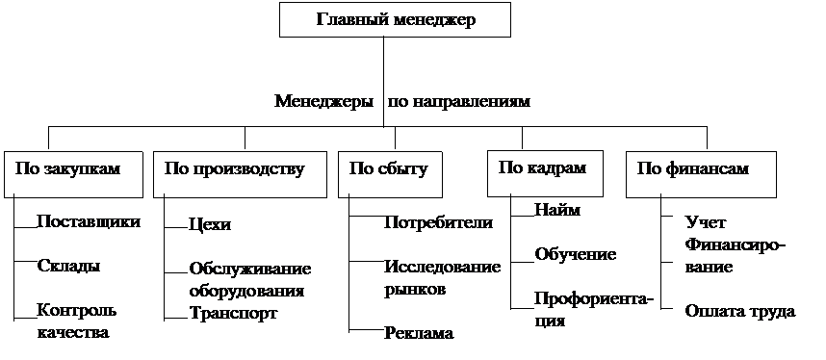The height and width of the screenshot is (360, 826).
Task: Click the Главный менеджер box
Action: [x=395, y=20]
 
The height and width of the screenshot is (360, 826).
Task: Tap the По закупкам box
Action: [x=73, y=174]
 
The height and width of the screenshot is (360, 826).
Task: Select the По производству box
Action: [x=241, y=174]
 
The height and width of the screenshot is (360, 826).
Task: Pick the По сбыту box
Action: [x=390, y=174]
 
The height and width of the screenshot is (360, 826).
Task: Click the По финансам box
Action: [x=701, y=174]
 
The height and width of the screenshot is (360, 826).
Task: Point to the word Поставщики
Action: [x=89, y=222]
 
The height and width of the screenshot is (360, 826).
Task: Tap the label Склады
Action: [x=69, y=266]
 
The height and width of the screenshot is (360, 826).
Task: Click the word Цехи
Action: [x=210, y=225]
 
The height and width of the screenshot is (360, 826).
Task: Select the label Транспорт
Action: [x=233, y=313]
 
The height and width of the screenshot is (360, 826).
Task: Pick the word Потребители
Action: [x=439, y=222]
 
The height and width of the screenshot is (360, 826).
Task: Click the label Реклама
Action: [x=419, y=333]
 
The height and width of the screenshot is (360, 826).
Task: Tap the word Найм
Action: [x=557, y=210]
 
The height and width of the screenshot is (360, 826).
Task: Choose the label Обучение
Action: [x=576, y=254]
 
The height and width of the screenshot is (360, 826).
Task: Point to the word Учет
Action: [x=706, y=222]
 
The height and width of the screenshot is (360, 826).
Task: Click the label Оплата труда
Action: [x=740, y=311]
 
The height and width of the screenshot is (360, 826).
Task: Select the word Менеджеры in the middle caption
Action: [x=324, y=101]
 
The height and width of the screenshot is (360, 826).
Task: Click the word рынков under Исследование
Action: [x=415, y=290]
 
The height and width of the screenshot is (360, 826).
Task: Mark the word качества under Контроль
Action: [x=73, y=333]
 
